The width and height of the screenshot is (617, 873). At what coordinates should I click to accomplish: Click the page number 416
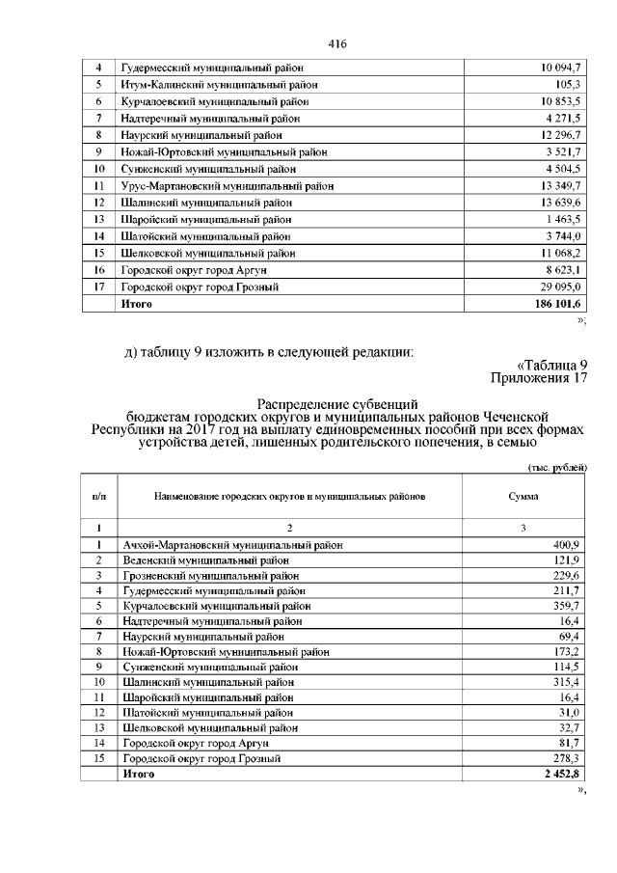pos(336,44)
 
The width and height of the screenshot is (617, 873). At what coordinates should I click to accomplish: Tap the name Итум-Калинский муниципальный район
pos(219,85)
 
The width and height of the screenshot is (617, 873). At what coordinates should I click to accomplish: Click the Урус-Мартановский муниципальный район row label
pos(228,185)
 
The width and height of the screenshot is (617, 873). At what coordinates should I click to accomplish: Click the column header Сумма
pos(523,496)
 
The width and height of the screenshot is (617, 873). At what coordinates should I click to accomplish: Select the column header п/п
pos(98,496)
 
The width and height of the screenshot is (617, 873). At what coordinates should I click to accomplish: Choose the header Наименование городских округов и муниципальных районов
pos(289,496)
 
